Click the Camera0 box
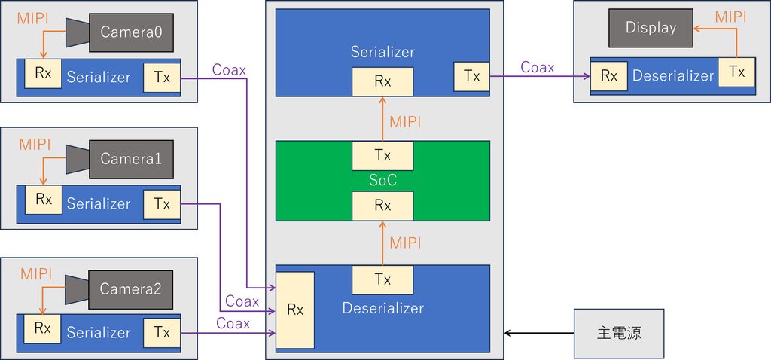tap(131, 32)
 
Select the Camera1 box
tap(131, 160)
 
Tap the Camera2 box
tap(131, 289)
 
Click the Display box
tap(651, 28)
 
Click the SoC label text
tap(382, 181)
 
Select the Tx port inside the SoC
tap(382, 155)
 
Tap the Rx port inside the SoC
tap(382, 206)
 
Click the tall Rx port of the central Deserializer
tap(294, 310)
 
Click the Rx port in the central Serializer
tap(382, 81)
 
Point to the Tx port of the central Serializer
tap(471, 76)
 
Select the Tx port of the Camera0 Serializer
tap(162, 78)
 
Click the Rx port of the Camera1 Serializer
tap(44, 200)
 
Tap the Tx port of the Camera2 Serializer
tap(162, 332)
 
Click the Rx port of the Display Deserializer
tap(609, 76)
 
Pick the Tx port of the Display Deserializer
tap(736, 72)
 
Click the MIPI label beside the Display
tap(730, 17)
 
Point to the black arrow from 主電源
tap(539, 333)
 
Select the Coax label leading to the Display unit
tap(538, 67)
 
